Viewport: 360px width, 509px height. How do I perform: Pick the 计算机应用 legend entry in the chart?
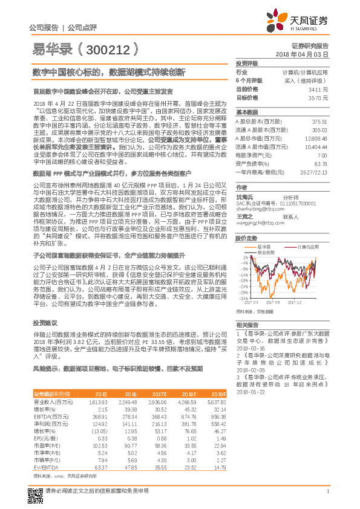(x=305, y=247)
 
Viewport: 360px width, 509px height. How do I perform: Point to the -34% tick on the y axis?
(x=241, y=298)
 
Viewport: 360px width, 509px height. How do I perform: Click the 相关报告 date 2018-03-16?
(x=252, y=349)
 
